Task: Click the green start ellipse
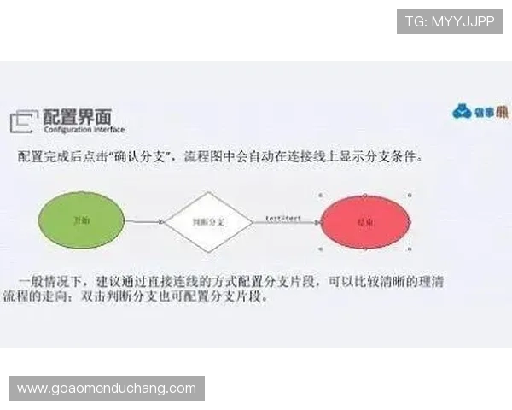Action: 82,220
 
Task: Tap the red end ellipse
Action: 365,220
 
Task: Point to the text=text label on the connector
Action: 282,219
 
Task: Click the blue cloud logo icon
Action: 462,112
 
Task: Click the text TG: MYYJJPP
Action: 450,20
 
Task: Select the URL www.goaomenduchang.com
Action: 107,389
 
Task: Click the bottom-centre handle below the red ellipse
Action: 365,249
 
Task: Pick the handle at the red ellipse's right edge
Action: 410,220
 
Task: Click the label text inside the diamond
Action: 207,221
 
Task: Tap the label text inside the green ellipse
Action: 82,220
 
